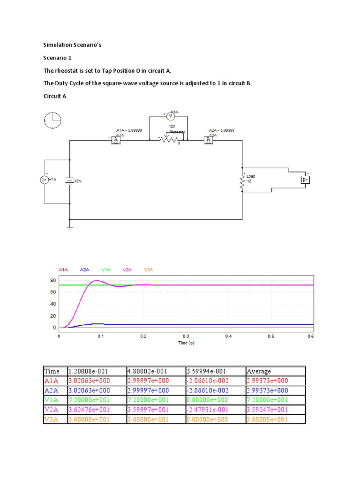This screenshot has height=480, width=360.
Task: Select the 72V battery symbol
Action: click(x=69, y=181)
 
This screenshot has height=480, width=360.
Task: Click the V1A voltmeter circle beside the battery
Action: click(x=45, y=180)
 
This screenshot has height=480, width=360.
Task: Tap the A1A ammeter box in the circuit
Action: click(x=116, y=140)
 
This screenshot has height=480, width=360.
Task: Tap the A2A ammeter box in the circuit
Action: click(x=208, y=140)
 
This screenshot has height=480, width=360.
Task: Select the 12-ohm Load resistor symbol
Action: click(x=242, y=182)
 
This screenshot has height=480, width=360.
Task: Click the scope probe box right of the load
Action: click(x=305, y=179)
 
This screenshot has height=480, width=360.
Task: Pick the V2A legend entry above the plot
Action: click(x=127, y=270)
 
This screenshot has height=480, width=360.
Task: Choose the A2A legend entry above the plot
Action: click(x=84, y=270)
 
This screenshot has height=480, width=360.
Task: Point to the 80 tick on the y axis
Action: click(x=53, y=280)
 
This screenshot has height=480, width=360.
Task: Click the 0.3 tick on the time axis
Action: click(x=186, y=336)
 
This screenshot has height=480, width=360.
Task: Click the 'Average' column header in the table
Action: click(x=259, y=371)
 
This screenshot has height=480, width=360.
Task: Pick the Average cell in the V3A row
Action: click(x=266, y=419)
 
